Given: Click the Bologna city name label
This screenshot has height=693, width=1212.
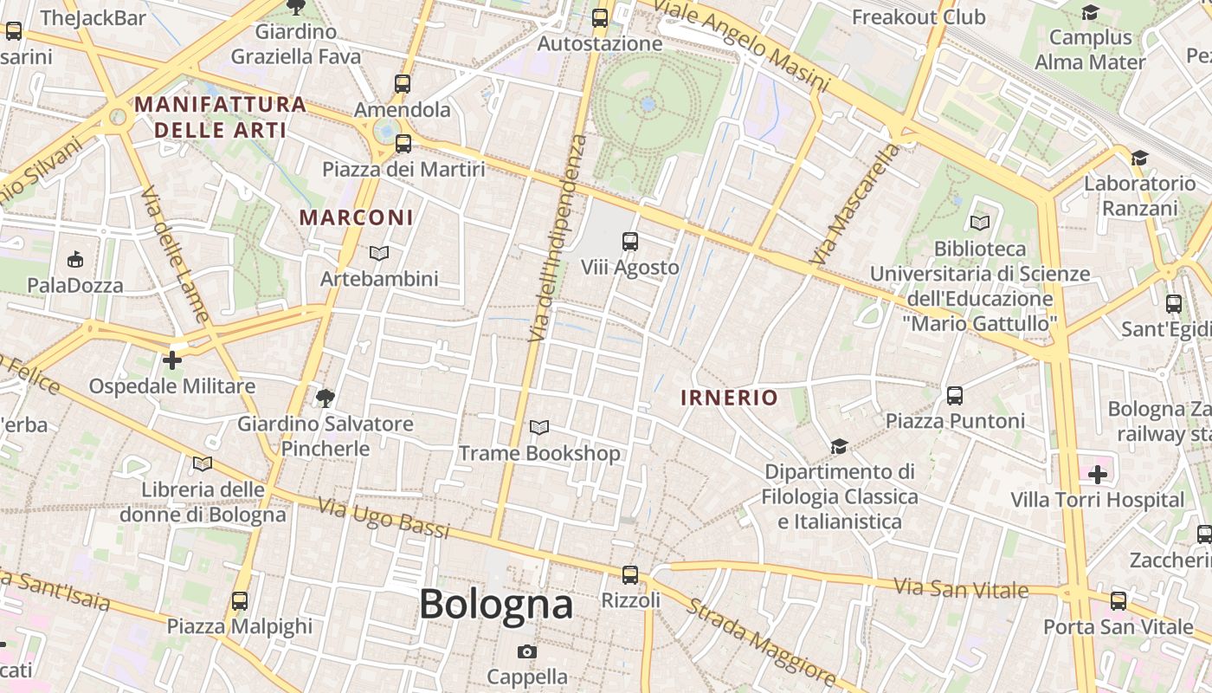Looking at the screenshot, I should click(x=496, y=605).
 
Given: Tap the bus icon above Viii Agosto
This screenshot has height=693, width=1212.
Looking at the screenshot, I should click(x=630, y=242).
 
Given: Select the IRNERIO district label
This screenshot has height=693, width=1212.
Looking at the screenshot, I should click(x=729, y=398).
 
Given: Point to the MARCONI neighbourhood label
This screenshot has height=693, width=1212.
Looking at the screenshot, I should click(x=357, y=217).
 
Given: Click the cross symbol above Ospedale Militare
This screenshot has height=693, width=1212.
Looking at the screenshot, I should click(x=172, y=359).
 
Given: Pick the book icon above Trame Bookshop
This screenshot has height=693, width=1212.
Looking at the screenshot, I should click(x=538, y=427).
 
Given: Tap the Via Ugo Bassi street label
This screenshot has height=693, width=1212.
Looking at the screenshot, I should click(x=383, y=517).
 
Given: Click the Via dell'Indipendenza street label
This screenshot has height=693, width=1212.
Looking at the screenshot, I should click(x=557, y=237).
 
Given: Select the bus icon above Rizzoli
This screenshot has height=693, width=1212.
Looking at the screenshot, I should click(x=630, y=574).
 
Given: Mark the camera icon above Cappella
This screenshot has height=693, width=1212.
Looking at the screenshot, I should click(x=526, y=651).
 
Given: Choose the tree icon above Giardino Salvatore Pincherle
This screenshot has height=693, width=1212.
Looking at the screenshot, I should click(x=326, y=398).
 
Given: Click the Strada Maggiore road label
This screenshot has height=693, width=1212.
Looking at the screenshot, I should click(x=761, y=638).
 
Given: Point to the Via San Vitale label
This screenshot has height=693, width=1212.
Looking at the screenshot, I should click(x=961, y=588).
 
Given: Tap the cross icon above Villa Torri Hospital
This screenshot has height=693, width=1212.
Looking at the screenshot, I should click(x=1098, y=474).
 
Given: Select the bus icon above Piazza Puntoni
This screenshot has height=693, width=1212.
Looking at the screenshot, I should click(x=955, y=395).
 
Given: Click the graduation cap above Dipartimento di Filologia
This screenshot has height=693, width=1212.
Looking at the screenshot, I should click(x=838, y=446).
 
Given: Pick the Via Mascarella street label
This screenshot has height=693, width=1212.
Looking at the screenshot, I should click(x=854, y=204).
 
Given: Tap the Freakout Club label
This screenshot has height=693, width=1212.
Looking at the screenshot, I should click(x=919, y=17).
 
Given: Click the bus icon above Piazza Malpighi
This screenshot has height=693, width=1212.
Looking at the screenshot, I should click(x=239, y=600).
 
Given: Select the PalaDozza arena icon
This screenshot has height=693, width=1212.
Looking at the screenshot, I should click(x=75, y=259).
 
